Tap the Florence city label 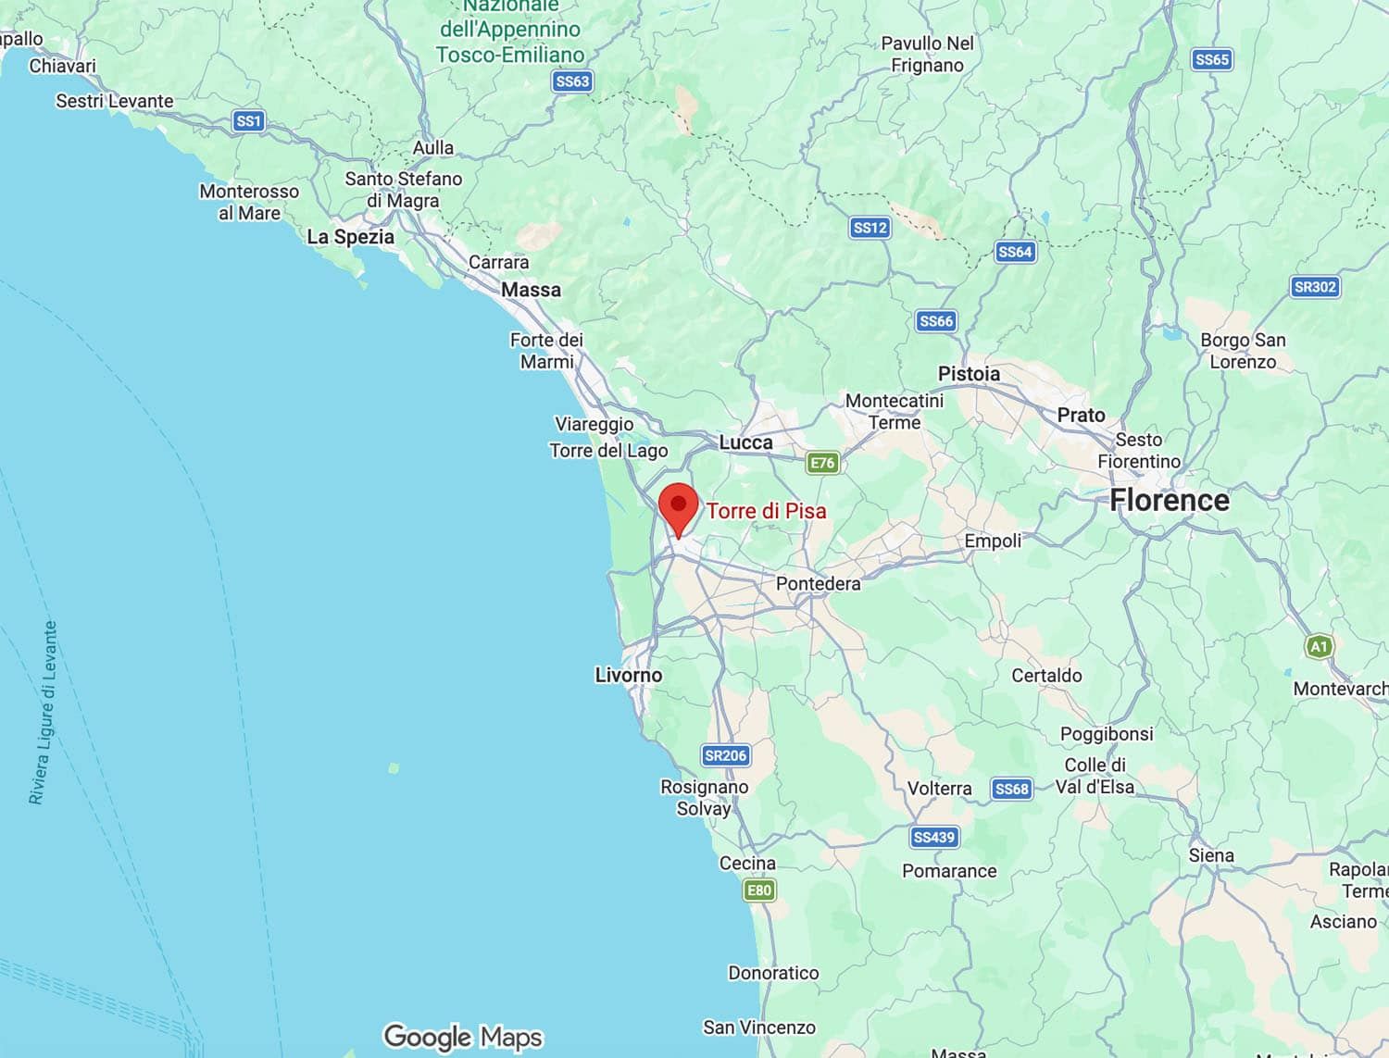pyautogui.click(x=1170, y=501)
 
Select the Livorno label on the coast pyautogui.click(x=629, y=675)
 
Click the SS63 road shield pyautogui.click(x=572, y=81)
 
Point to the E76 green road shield pyautogui.click(x=822, y=463)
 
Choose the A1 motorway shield pyautogui.click(x=1319, y=646)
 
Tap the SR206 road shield pyautogui.click(x=725, y=755)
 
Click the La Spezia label pyautogui.click(x=350, y=237)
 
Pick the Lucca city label pyautogui.click(x=745, y=442)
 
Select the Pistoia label pyautogui.click(x=969, y=374)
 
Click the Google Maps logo pyautogui.click(x=463, y=1037)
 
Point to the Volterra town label pyautogui.click(x=939, y=789)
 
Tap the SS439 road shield pyautogui.click(x=933, y=838)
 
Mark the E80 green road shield pyautogui.click(x=758, y=890)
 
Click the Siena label pyautogui.click(x=1211, y=855)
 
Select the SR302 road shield pyautogui.click(x=1315, y=287)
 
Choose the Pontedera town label pyautogui.click(x=818, y=583)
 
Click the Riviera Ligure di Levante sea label pyautogui.click(x=44, y=713)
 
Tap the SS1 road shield pyautogui.click(x=248, y=121)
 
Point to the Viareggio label pyautogui.click(x=594, y=424)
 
